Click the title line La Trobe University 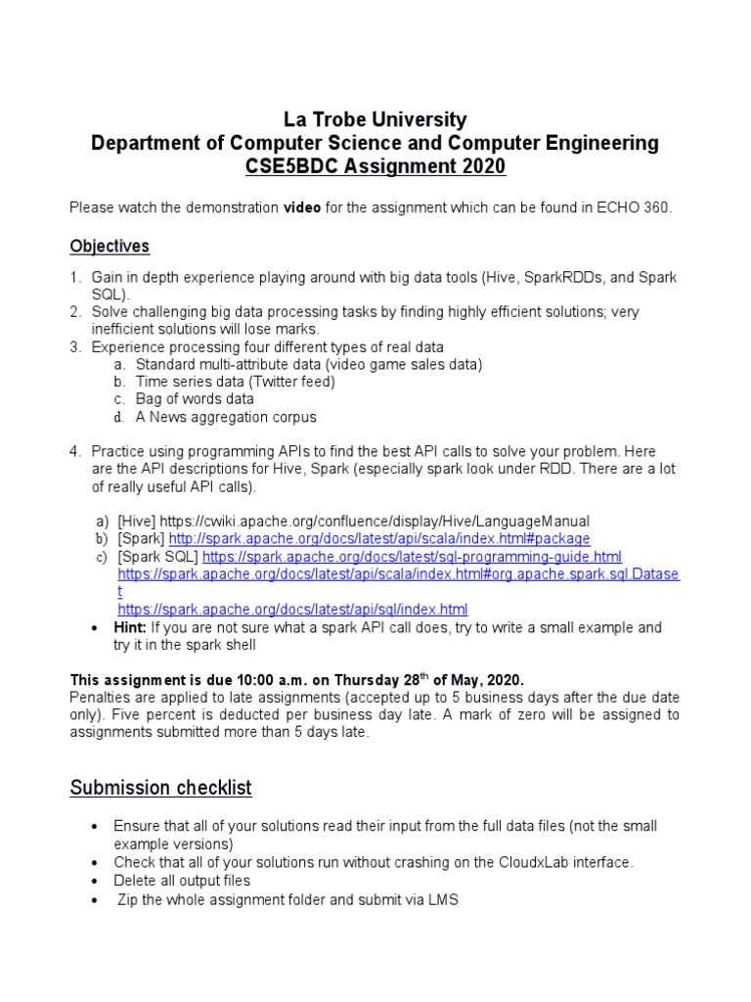[375, 120]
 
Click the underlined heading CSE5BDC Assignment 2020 [375, 167]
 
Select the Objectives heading [110, 246]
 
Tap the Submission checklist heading [160, 788]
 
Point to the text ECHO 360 [640, 208]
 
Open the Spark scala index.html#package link [379, 539]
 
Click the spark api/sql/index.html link [292, 609]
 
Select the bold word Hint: [130, 627]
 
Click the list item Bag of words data [195, 399]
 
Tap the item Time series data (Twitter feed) [235, 382]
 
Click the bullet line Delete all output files [182, 881]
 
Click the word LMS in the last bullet [442, 899]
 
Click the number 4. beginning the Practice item [75, 451]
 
